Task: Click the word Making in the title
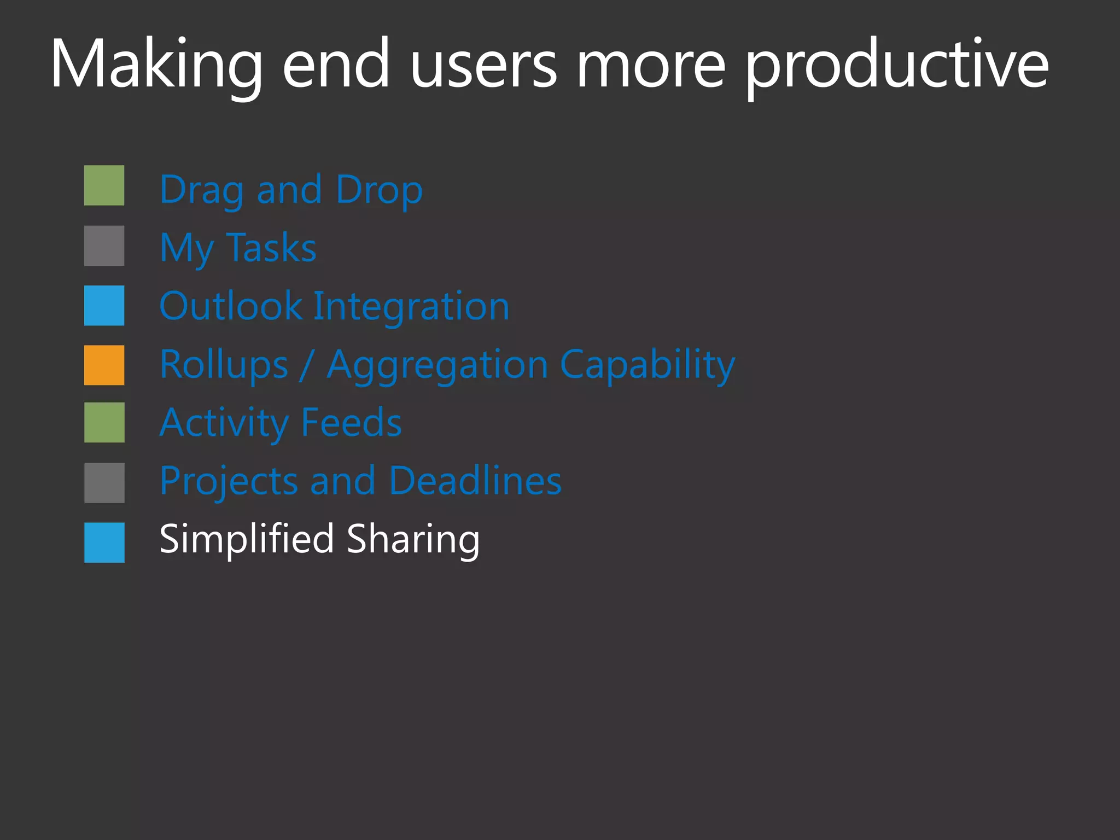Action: tap(156, 65)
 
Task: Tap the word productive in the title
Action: tap(897, 65)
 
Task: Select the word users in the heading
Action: tap(483, 65)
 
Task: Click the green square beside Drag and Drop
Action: tap(104, 185)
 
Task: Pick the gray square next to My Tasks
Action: tap(104, 246)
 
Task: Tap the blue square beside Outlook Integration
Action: tap(104, 306)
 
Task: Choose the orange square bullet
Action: tap(104, 365)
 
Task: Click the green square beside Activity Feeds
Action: tap(104, 423)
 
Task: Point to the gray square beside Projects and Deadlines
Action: tap(104, 483)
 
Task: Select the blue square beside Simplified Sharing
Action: tap(104, 542)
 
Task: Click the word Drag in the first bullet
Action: tap(202, 190)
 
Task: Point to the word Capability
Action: tap(647, 365)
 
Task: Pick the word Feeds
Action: tap(352, 423)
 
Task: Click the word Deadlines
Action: tap(475, 481)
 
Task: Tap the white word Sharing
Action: tap(413, 539)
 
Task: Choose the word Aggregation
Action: tap(437, 365)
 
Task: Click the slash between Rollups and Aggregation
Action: tap(307, 365)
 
